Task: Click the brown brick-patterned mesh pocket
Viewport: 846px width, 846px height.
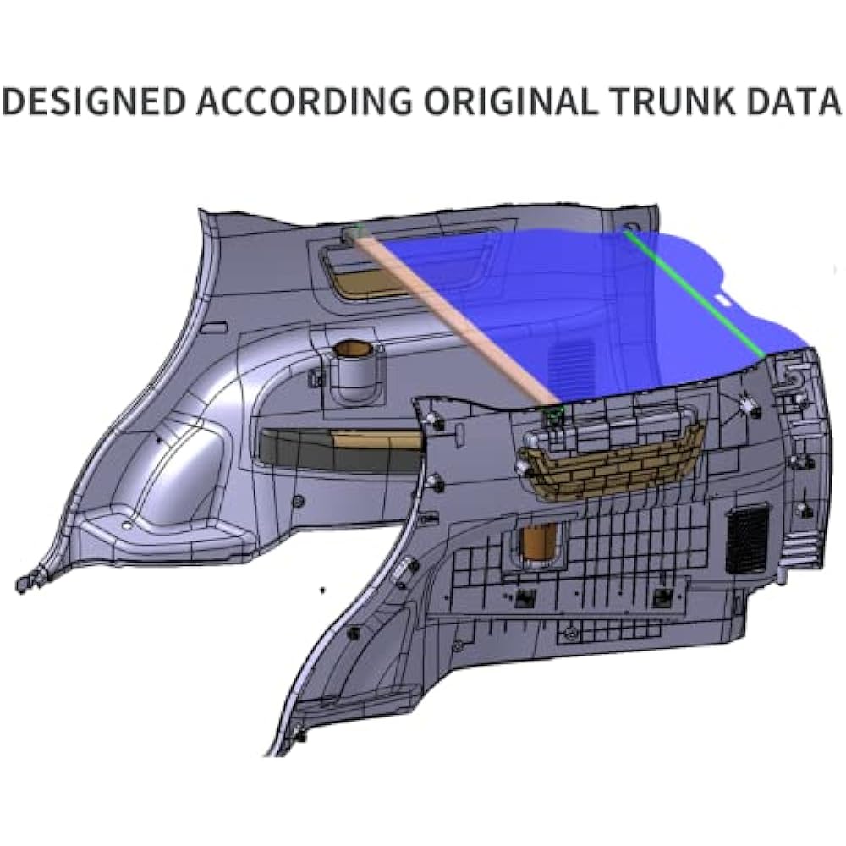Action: pyautogui.click(x=613, y=464)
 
